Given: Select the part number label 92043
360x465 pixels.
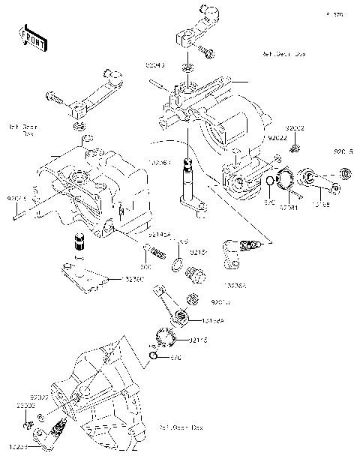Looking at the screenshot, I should pos(154,65).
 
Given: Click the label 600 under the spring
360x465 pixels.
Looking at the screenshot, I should pos(148,265).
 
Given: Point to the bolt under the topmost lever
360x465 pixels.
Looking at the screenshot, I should pos(207,52).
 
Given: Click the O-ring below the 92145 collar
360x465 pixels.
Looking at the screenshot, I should pos(153,352).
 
